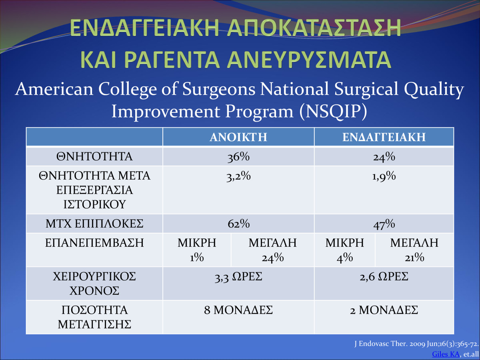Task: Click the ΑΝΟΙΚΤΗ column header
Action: click(238, 137)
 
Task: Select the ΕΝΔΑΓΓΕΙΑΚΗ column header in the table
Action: click(384, 137)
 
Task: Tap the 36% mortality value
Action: click(238, 157)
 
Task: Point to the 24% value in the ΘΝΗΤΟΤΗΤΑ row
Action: click(384, 157)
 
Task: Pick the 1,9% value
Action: click(384, 176)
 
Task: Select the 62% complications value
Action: click(238, 224)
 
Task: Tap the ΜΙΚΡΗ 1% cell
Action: click(197, 250)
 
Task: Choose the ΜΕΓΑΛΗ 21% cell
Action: click(414, 250)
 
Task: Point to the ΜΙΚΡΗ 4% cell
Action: click(345, 250)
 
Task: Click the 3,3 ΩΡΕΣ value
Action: click(238, 277)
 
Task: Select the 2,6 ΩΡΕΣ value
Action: click(384, 277)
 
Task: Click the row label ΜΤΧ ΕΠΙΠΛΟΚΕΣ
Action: click(94, 224)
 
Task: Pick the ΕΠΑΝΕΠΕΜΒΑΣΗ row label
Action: click(94, 243)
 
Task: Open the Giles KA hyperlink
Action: click(446, 354)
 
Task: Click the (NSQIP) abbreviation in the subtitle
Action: click(333, 112)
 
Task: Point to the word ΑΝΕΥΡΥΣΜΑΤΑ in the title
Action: click(309, 60)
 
